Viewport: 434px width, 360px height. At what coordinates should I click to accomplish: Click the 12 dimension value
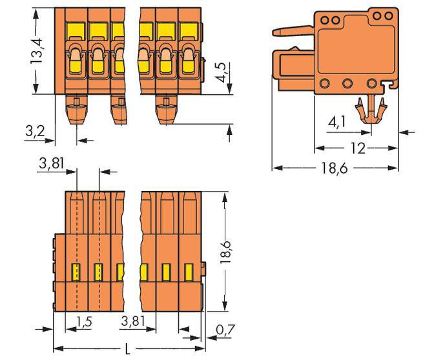coord(355,149)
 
